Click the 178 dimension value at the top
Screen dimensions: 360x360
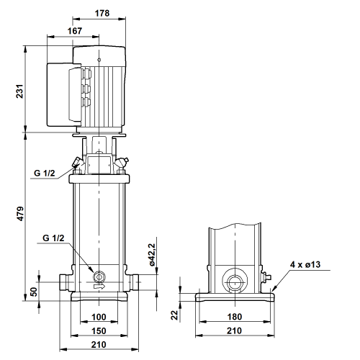click(x=102, y=13)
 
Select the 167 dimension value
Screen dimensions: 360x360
click(x=75, y=31)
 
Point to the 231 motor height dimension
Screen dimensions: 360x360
click(x=19, y=91)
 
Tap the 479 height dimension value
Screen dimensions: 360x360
click(x=19, y=213)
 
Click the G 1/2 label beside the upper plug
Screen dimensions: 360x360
click(x=45, y=173)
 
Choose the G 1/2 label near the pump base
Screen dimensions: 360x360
click(x=53, y=238)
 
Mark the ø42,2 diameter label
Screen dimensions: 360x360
click(x=152, y=255)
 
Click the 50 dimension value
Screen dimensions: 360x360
click(x=34, y=292)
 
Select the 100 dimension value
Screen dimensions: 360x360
click(x=99, y=317)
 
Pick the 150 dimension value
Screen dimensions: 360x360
click(x=99, y=331)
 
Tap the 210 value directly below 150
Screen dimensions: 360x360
click(x=99, y=345)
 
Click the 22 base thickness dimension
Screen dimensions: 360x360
click(x=175, y=315)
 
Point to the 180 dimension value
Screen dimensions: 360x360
click(x=235, y=317)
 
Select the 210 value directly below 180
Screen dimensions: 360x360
click(x=234, y=330)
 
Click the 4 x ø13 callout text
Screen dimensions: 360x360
click(x=305, y=264)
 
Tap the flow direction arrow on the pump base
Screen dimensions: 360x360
click(x=99, y=287)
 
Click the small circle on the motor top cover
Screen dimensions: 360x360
click(x=99, y=60)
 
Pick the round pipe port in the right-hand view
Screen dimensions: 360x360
click(x=235, y=281)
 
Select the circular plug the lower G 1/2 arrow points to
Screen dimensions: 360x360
click(x=99, y=276)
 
